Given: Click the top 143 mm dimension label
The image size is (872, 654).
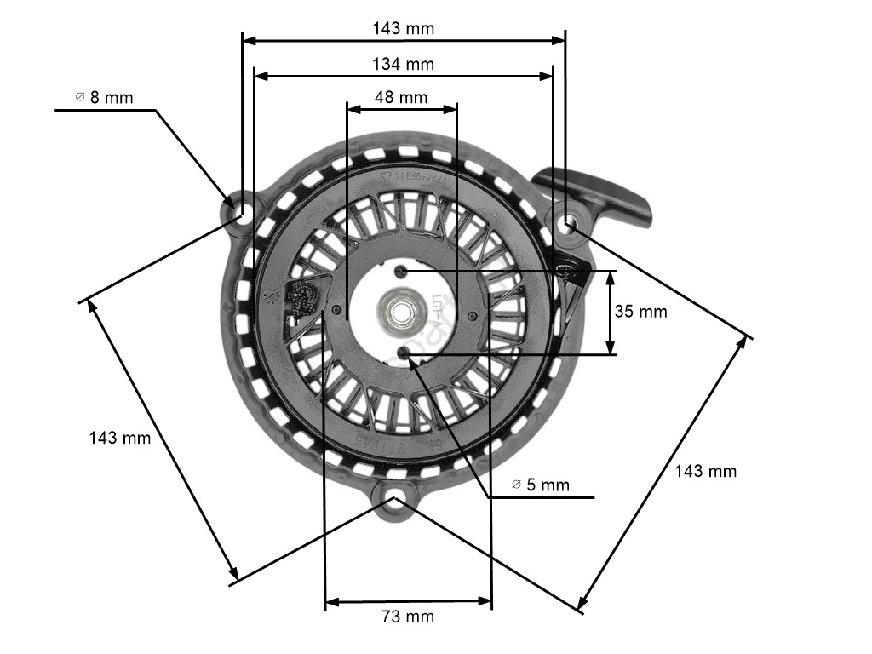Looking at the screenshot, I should coord(403,28).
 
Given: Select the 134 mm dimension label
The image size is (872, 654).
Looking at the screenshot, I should coord(403,64).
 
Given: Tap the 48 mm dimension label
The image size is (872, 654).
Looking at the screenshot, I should coord(401,97).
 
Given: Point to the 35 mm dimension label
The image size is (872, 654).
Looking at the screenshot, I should coord(640,312).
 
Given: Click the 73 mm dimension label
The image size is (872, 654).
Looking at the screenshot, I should coord(407,616).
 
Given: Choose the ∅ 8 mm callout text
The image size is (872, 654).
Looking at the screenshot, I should coord(104,97).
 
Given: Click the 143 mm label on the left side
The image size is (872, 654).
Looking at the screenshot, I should coord(120,438).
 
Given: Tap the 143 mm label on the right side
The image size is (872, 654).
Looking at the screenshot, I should coord(706,471).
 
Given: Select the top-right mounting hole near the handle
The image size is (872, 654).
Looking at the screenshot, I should coord(568,223).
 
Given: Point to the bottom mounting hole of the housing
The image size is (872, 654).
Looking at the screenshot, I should coord(394,500).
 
